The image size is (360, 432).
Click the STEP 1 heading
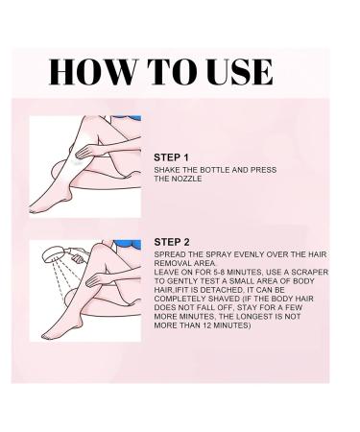coord(172,156)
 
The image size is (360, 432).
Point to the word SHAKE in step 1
coord(167,169)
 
